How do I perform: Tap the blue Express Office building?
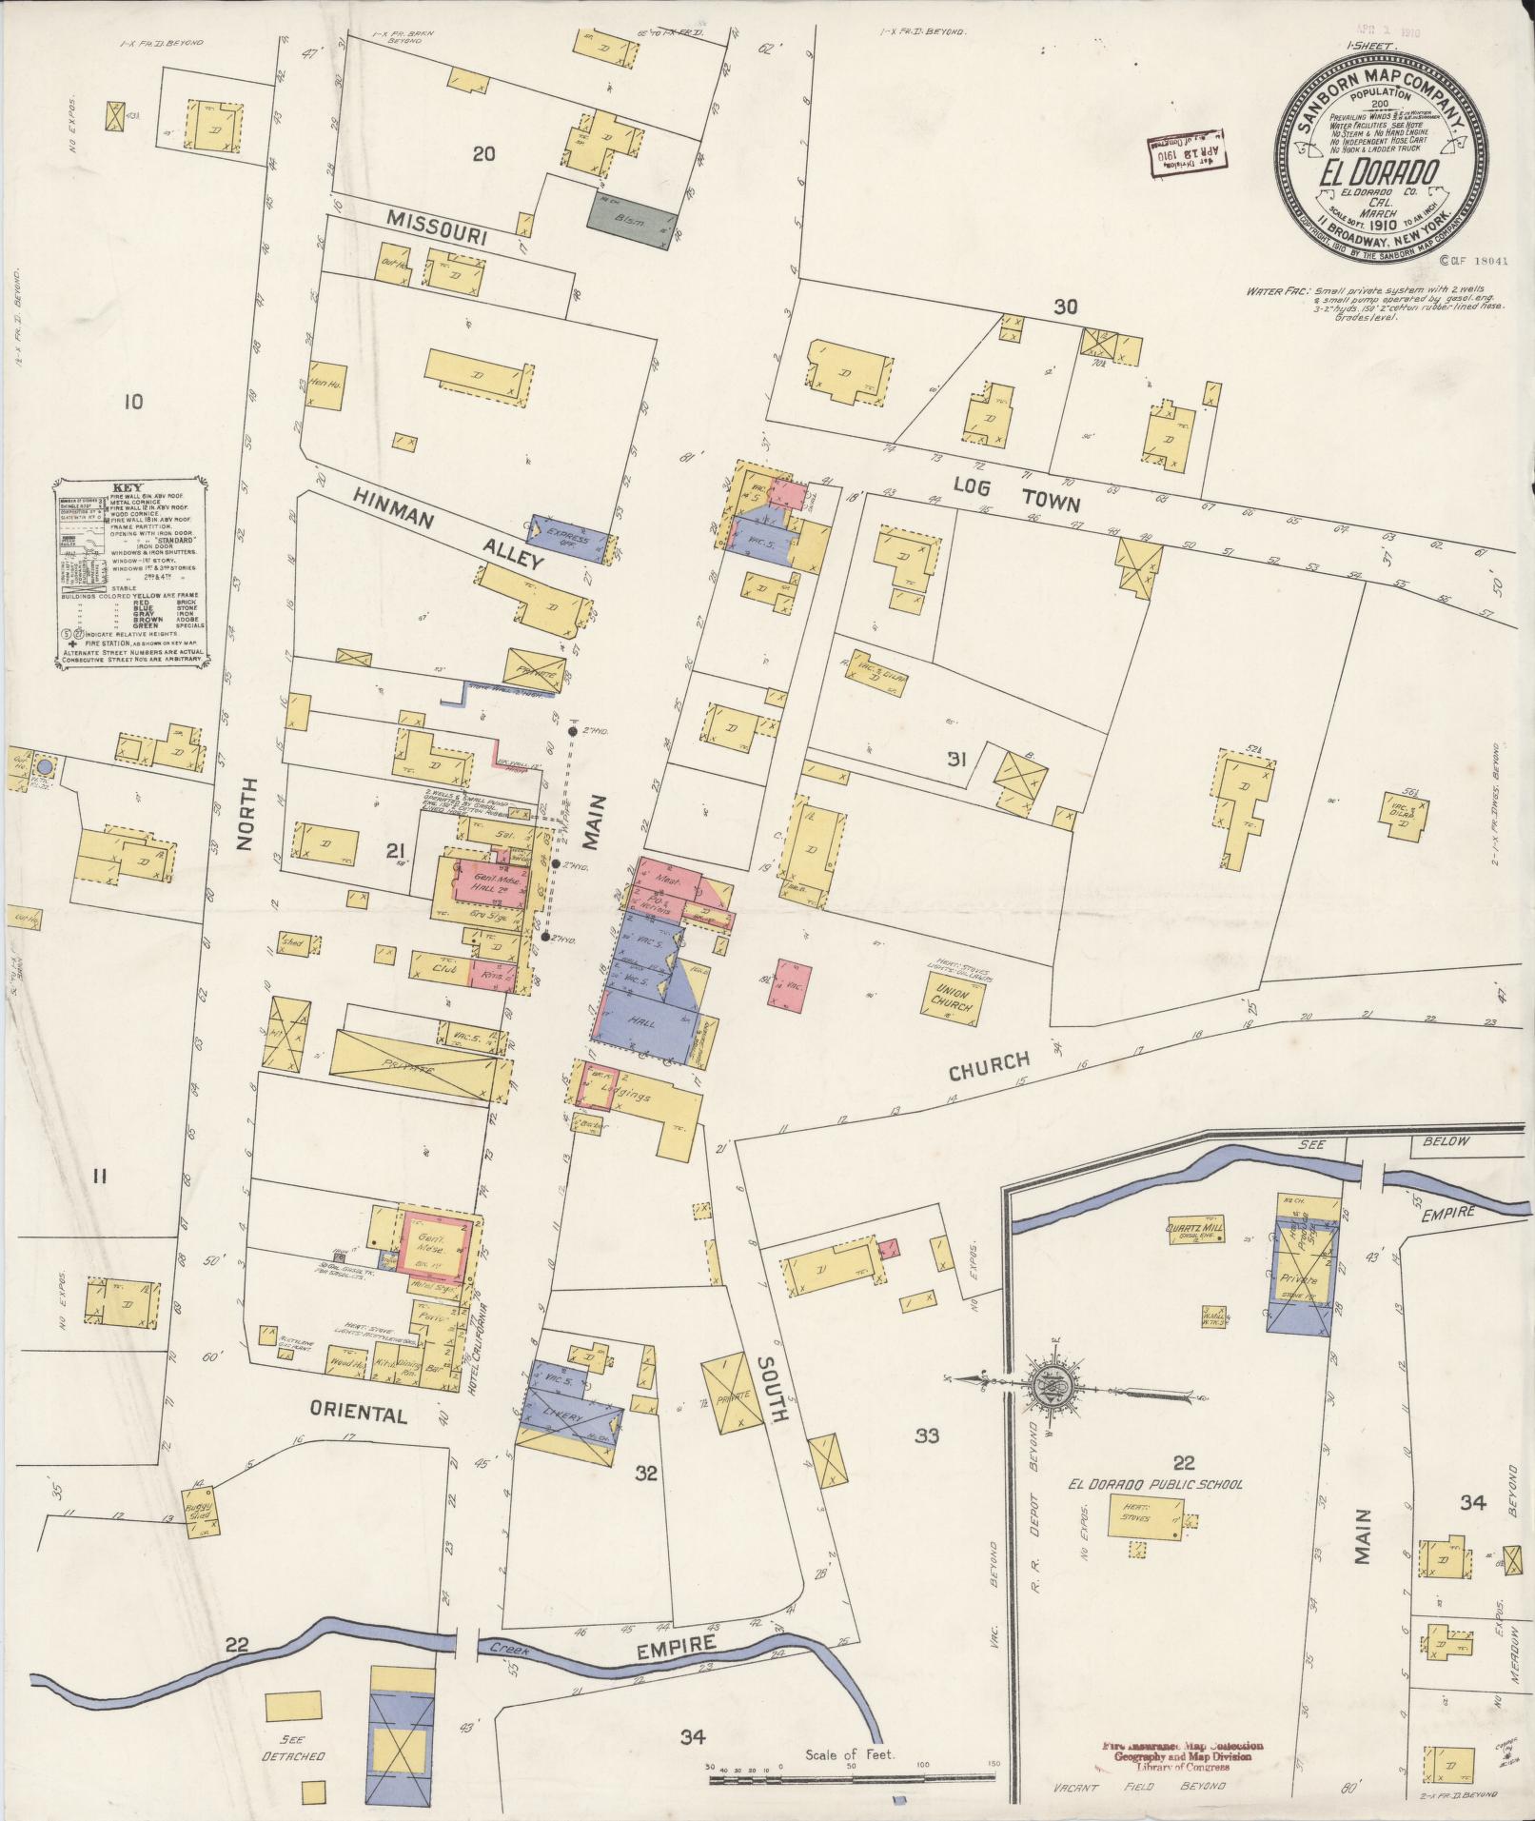tap(568, 537)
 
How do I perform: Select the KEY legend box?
tap(130, 572)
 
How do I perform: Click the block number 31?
tap(956, 759)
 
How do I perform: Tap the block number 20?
tap(484, 152)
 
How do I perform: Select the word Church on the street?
tap(989, 1067)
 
